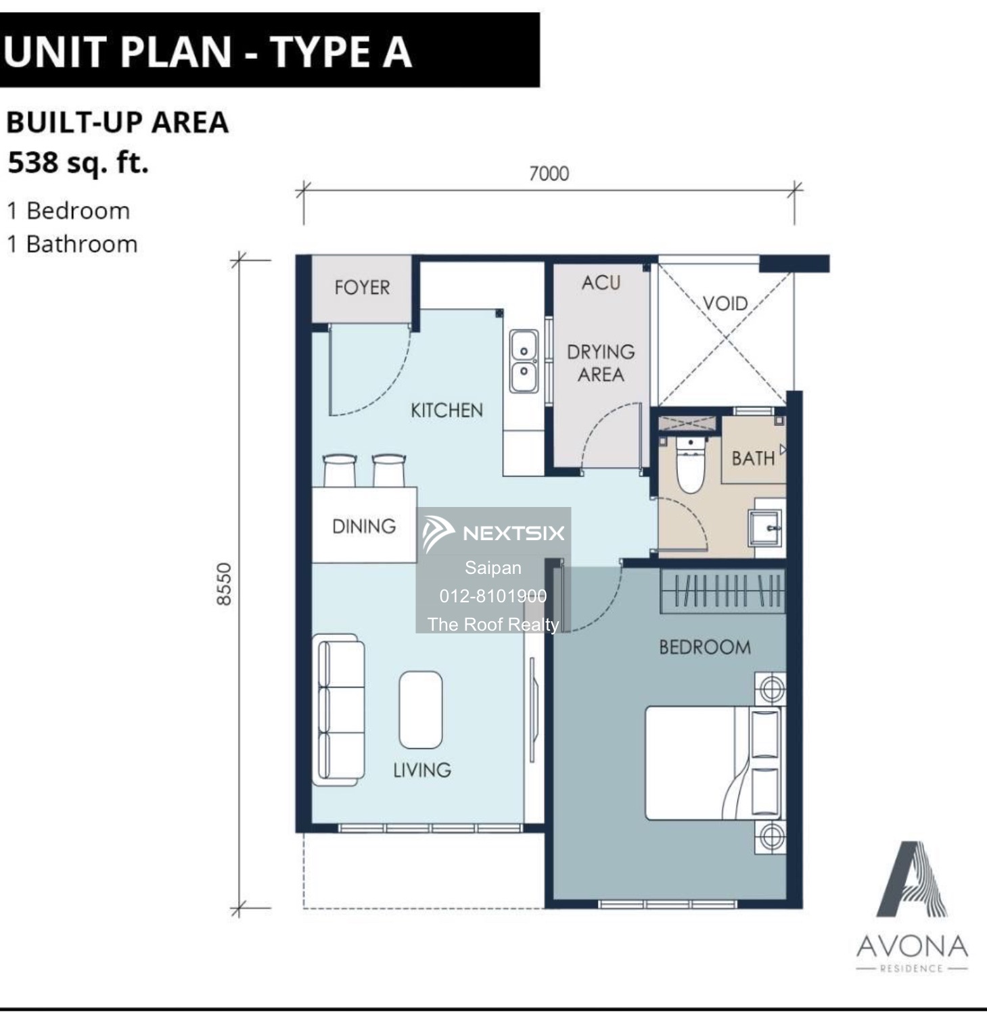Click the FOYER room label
point(362,288)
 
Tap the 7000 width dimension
point(549,174)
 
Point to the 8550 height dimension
point(224,584)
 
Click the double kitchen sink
point(524,362)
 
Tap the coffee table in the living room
point(421,709)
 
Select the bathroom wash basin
point(766,527)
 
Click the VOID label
point(725,304)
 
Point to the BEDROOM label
point(705,648)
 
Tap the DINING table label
point(364,527)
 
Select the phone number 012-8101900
point(493,596)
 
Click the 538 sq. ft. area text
point(78,163)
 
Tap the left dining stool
point(340,469)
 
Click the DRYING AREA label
point(601,363)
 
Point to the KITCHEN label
point(446,410)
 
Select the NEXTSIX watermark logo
point(494,533)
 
